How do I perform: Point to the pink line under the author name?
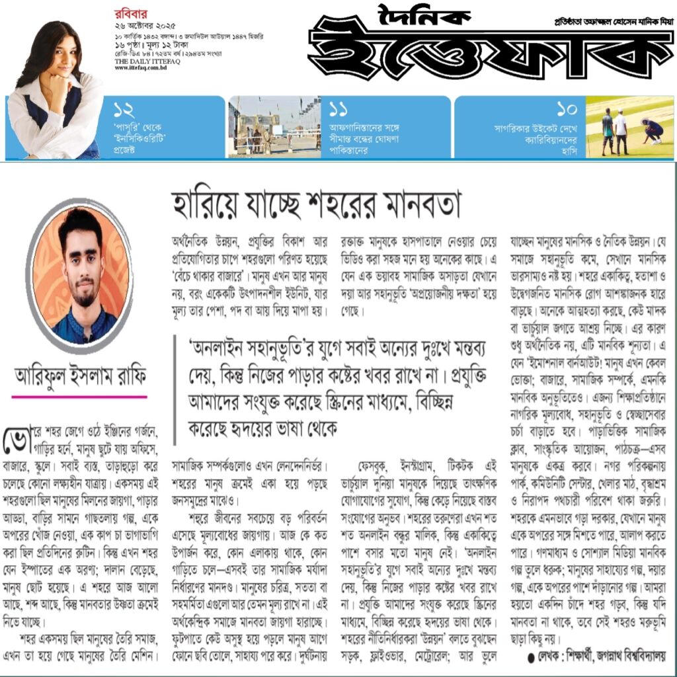[79, 397]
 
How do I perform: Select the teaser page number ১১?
[338, 109]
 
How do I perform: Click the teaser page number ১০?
[567, 109]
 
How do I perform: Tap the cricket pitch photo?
[629, 126]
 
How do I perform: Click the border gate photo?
[274, 126]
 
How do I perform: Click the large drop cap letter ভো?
[17, 439]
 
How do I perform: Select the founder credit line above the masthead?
[611, 21]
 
